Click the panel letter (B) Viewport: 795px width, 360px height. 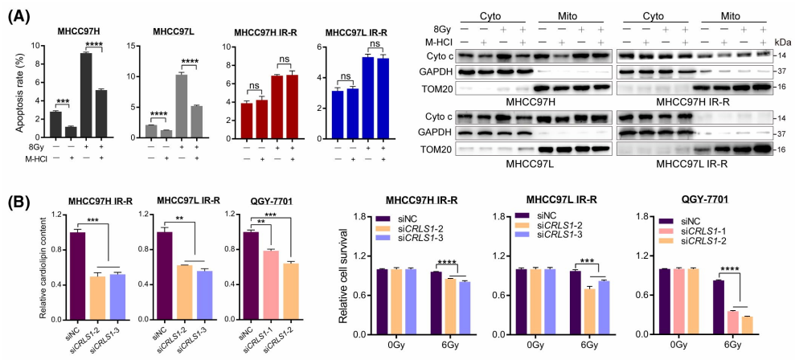pos(19,199)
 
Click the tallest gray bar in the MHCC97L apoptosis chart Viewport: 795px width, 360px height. pos(182,104)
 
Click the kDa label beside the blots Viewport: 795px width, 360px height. pos(779,41)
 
